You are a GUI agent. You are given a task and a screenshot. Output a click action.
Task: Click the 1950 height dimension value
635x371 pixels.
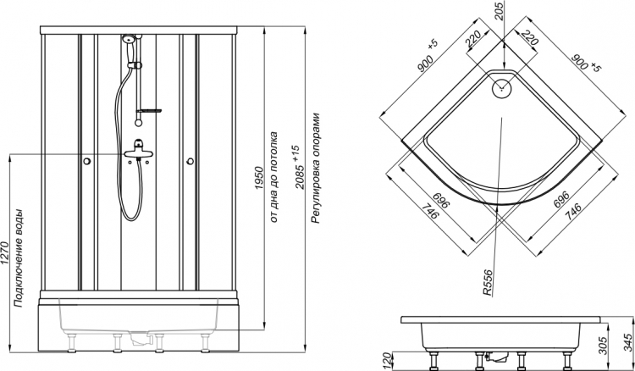pos(259,178)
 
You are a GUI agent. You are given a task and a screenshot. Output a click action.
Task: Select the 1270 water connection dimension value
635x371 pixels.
pos(4,253)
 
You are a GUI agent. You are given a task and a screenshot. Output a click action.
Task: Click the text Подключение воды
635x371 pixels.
pos(19,258)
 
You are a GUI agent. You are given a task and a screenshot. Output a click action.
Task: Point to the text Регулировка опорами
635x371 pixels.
pos(316,168)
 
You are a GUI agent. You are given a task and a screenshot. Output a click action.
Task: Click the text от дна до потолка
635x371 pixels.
pos(273,177)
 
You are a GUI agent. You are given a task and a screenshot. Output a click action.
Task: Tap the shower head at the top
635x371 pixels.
pos(129,39)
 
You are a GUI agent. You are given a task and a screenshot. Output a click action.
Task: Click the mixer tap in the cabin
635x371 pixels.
pos(139,150)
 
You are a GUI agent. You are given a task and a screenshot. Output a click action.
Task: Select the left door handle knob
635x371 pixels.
pos(86,161)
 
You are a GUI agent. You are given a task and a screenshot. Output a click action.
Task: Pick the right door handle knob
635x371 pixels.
pos(190,161)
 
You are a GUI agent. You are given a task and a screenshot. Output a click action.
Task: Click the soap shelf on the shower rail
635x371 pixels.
pos(149,111)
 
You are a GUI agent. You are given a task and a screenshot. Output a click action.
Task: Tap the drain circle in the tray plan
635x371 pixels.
pos(502,88)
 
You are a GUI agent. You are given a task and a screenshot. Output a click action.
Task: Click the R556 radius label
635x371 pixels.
pos(488,283)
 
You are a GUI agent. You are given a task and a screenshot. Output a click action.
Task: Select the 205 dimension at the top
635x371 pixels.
pos(499,11)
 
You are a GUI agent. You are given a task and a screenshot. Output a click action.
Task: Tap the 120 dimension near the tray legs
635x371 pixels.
pos(388,361)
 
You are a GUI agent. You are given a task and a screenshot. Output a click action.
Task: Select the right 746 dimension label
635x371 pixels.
pos(573,212)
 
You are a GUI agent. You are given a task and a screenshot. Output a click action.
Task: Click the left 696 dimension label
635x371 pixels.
pos(440,201)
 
